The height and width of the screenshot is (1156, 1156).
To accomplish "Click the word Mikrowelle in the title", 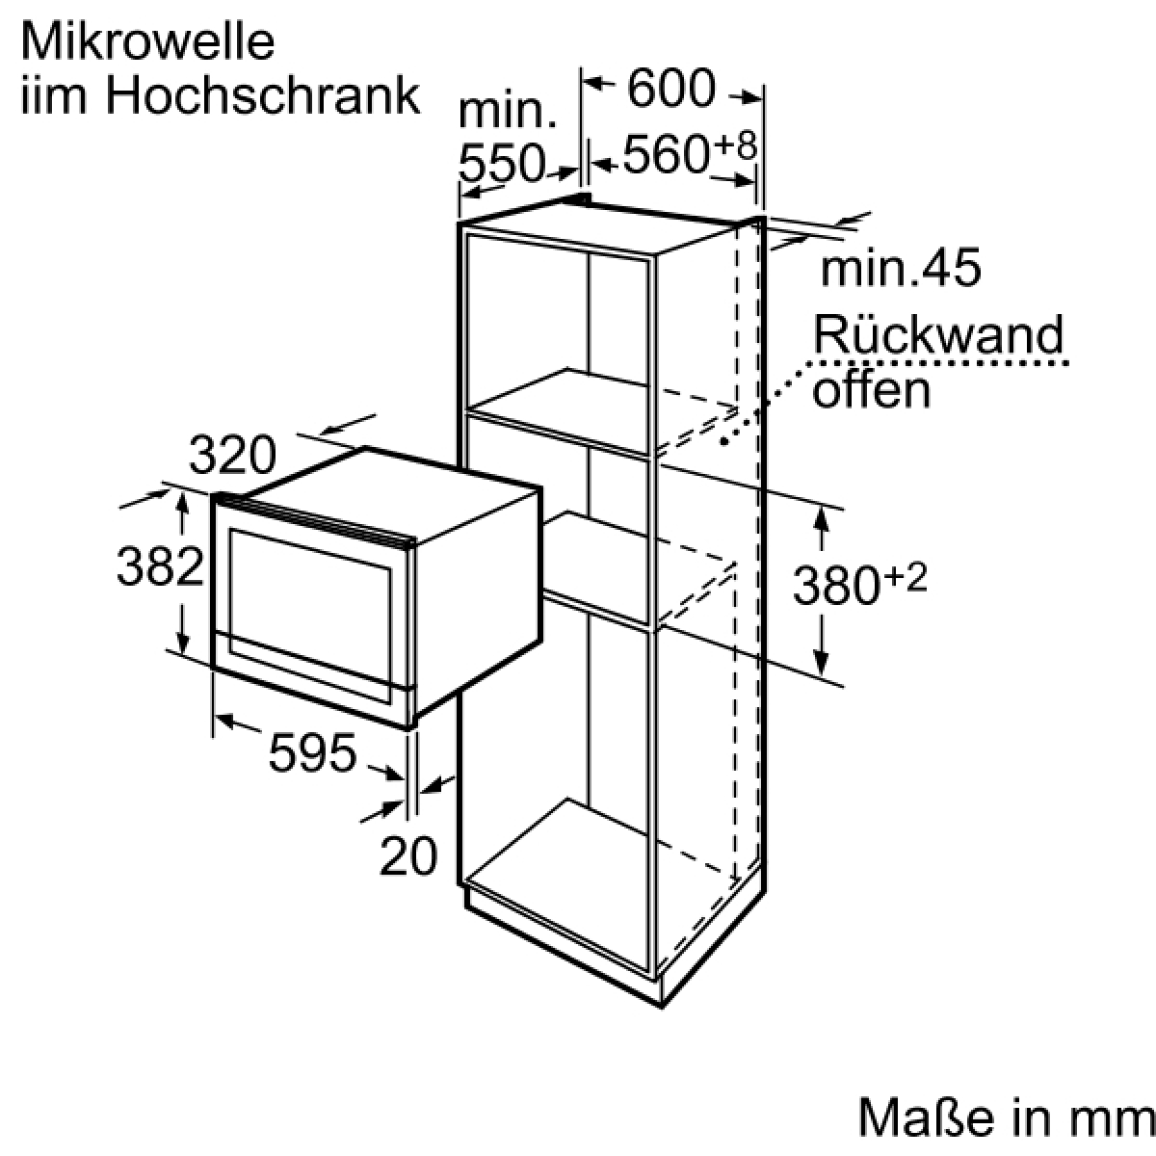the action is (148, 42).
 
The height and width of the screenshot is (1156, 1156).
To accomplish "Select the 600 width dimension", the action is (671, 88).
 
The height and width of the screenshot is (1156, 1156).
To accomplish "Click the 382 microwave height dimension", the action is (160, 565).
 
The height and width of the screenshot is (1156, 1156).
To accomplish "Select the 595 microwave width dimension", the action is (312, 752).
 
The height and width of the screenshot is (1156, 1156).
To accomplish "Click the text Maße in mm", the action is (1006, 1117).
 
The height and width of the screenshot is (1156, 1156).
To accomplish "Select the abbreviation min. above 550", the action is (508, 112).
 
